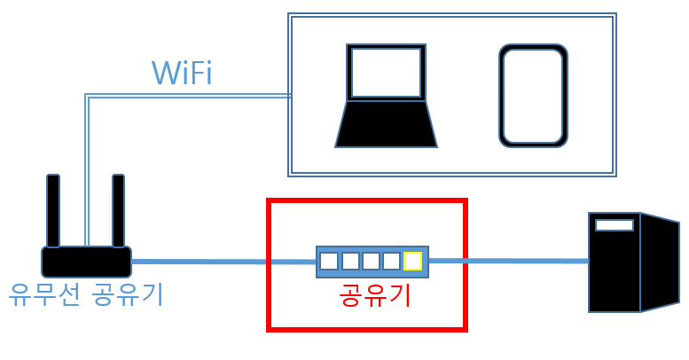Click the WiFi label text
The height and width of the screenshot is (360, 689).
click(182, 73)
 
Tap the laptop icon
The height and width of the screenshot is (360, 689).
click(386, 98)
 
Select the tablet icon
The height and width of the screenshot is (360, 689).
click(533, 96)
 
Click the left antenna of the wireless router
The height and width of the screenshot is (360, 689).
click(53, 210)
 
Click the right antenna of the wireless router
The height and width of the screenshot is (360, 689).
click(118, 210)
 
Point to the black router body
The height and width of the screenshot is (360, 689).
click(86, 262)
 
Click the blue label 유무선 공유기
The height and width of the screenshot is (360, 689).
click(86, 293)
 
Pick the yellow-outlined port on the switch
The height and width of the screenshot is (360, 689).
click(412, 261)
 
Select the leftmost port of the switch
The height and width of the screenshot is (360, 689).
click(329, 261)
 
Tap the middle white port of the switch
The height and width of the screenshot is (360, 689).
click(371, 261)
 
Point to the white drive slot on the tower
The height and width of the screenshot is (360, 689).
click(615, 225)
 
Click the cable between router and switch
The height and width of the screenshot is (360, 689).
click(222, 262)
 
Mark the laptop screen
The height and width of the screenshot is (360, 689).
click(386, 73)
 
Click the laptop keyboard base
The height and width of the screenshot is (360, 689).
click(386, 124)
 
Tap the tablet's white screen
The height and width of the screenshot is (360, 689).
click(533, 96)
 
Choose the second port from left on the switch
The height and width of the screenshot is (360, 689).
click(350, 261)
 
